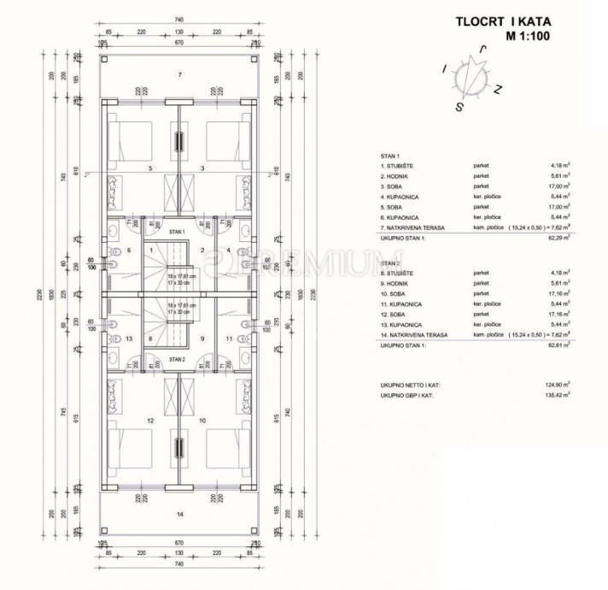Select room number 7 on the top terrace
179,75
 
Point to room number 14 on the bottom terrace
179,513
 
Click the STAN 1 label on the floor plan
177,232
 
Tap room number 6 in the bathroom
129,251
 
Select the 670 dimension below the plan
179,542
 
